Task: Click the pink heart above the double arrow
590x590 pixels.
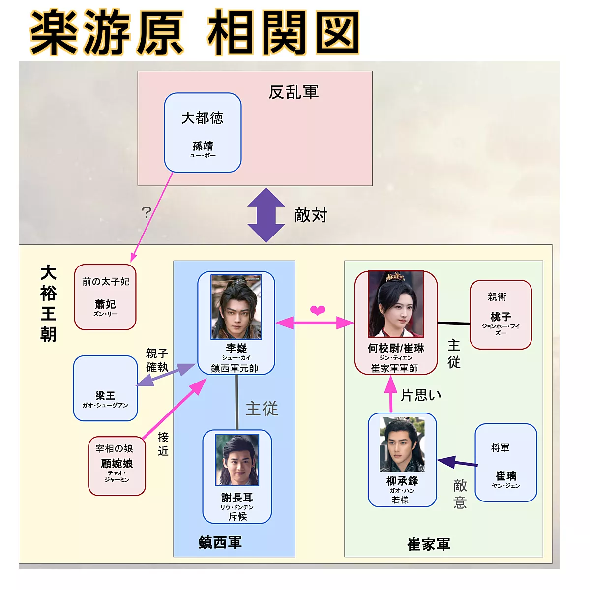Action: (318, 310)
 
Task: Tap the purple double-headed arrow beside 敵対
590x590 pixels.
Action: (266, 215)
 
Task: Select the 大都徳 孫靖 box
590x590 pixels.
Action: (203, 133)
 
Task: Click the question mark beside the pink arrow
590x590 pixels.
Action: (146, 212)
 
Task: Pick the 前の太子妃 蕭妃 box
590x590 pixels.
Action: (105, 297)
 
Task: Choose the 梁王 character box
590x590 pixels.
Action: (105, 388)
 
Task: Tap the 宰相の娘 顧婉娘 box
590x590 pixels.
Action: (117, 466)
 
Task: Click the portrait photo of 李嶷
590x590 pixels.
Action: (236, 307)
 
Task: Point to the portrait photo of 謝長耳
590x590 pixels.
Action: (237, 460)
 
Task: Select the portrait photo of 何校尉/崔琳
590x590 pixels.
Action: (396, 304)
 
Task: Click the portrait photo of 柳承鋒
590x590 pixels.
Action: (402, 444)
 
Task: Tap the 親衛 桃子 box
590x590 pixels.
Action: (501, 315)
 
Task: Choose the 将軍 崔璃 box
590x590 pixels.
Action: (506, 463)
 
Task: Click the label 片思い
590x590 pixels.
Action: (421, 395)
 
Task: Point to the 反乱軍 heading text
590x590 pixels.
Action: (294, 92)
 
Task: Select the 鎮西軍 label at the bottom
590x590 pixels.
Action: (220, 542)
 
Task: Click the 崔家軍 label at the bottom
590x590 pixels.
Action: (428, 544)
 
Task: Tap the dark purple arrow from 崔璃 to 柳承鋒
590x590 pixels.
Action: (457, 463)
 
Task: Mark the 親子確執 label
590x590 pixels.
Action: (157, 360)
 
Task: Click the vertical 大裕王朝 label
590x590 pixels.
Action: (48, 303)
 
